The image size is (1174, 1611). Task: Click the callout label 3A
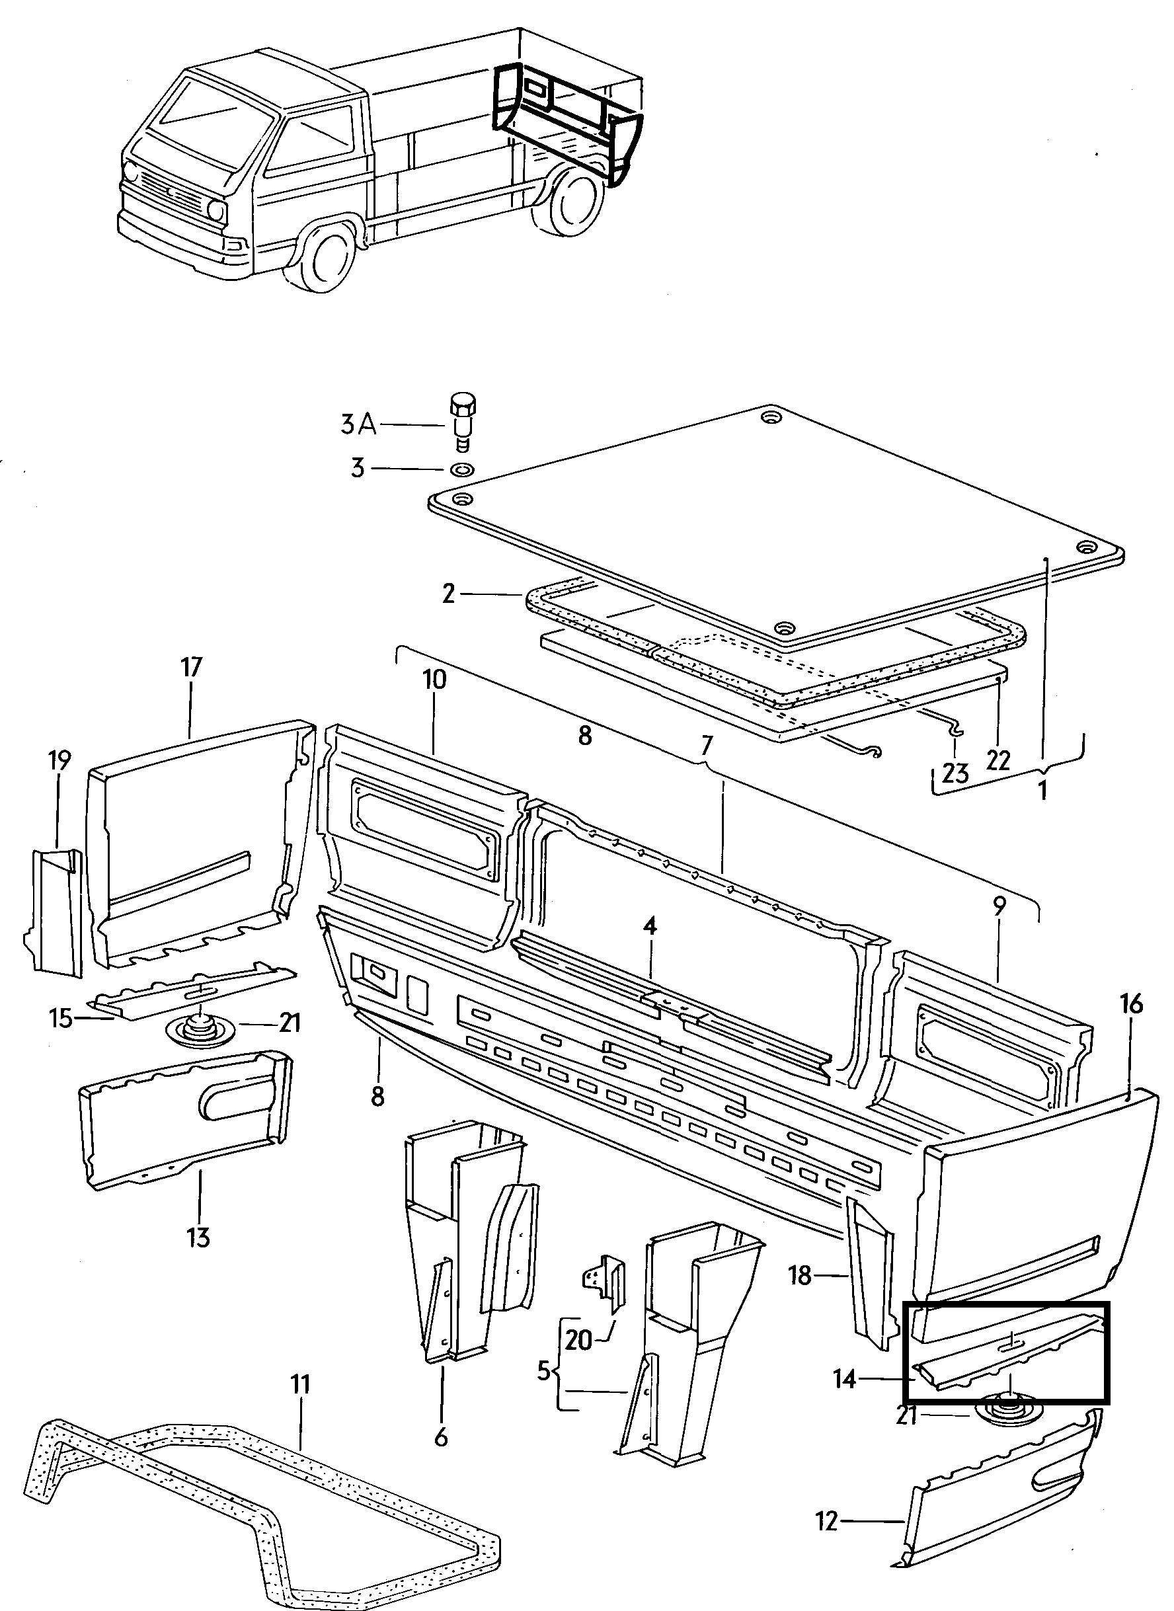click(x=358, y=425)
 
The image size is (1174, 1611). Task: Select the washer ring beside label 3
click(x=463, y=469)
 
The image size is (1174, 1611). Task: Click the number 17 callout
click(x=191, y=667)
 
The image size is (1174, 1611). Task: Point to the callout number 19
click(x=60, y=761)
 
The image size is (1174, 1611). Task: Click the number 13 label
click(x=199, y=1238)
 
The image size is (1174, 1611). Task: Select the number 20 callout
click(x=578, y=1339)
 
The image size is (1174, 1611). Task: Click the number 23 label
click(x=956, y=774)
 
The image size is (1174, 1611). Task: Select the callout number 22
click(x=998, y=760)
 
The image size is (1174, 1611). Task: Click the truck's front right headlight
click(x=216, y=210)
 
